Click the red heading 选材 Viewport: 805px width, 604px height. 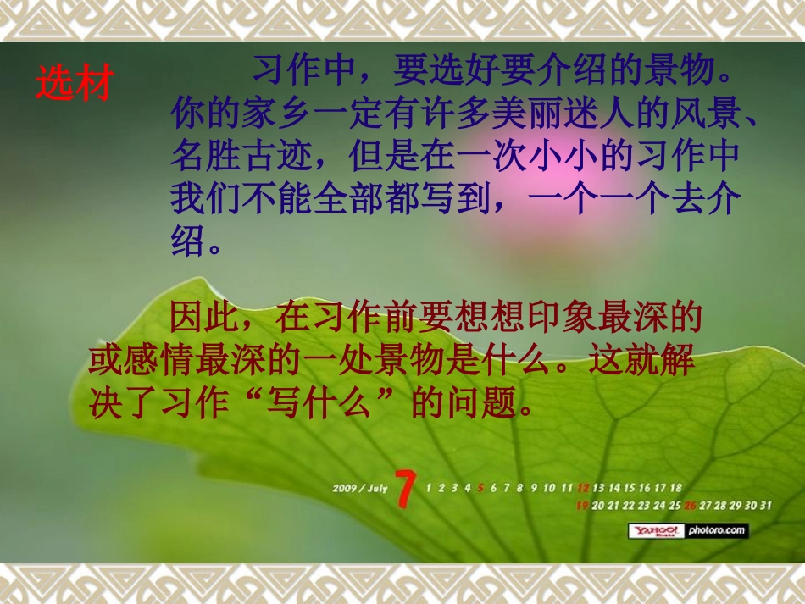pos(74,83)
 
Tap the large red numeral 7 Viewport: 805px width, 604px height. pos(406,490)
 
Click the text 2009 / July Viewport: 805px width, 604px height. pos(359,488)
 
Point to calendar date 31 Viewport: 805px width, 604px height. pos(765,506)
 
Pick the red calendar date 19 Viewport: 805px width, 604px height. pos(582,506)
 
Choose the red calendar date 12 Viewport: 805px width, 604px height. pos(583,488)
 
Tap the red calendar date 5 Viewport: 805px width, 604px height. pos(480,488)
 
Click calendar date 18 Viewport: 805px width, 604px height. pos(675,488)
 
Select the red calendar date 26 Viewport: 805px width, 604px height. pos(690,506)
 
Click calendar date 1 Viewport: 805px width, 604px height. pos(429,488)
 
